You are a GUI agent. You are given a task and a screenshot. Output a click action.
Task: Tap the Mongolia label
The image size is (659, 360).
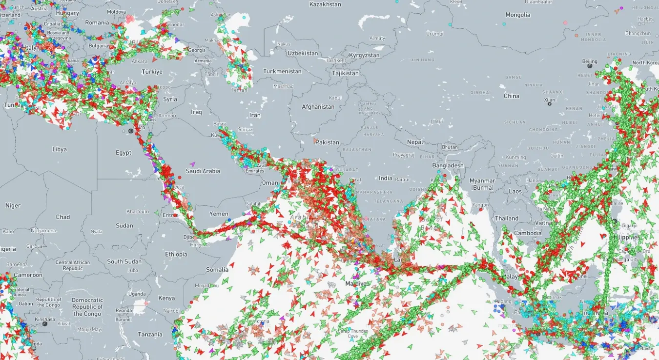pos(517,15)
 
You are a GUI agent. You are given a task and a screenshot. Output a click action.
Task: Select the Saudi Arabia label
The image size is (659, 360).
pos(203,171)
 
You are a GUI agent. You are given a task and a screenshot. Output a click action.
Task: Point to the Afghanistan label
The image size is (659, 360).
pos(318,106)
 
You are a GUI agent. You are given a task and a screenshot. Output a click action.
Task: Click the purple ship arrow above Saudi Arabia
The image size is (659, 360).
pos(193,164)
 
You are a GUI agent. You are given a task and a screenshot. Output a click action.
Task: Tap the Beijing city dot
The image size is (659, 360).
pos(590,66)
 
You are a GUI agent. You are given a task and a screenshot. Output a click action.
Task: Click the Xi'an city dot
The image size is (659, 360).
pos(550,103)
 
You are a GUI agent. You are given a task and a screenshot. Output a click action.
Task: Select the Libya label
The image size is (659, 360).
pos(60,149)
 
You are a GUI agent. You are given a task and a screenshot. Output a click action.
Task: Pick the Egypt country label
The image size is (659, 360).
pos(124,153)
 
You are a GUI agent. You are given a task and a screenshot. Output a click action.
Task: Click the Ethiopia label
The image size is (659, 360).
pos(176,254)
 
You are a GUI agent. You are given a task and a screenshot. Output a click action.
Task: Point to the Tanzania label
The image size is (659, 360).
pos(150,334)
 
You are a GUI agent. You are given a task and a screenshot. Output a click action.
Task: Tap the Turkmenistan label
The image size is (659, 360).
pos(282,71)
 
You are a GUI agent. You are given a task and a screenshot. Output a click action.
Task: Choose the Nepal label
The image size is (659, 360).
pos(415,142)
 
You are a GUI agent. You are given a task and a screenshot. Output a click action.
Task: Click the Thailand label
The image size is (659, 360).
pos(507,219)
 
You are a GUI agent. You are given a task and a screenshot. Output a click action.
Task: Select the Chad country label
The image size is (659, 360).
pos(63,217)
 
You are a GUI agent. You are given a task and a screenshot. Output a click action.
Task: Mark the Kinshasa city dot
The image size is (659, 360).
pos(45,323)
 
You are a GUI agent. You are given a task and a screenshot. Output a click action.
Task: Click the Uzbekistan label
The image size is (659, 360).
pos(303,53)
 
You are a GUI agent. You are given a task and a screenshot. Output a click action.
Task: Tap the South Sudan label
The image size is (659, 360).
pos(124,261)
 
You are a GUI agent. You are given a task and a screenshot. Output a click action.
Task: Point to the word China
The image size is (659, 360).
pos(512,96)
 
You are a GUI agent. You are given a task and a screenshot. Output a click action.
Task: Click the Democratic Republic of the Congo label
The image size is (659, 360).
pos(88,307)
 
